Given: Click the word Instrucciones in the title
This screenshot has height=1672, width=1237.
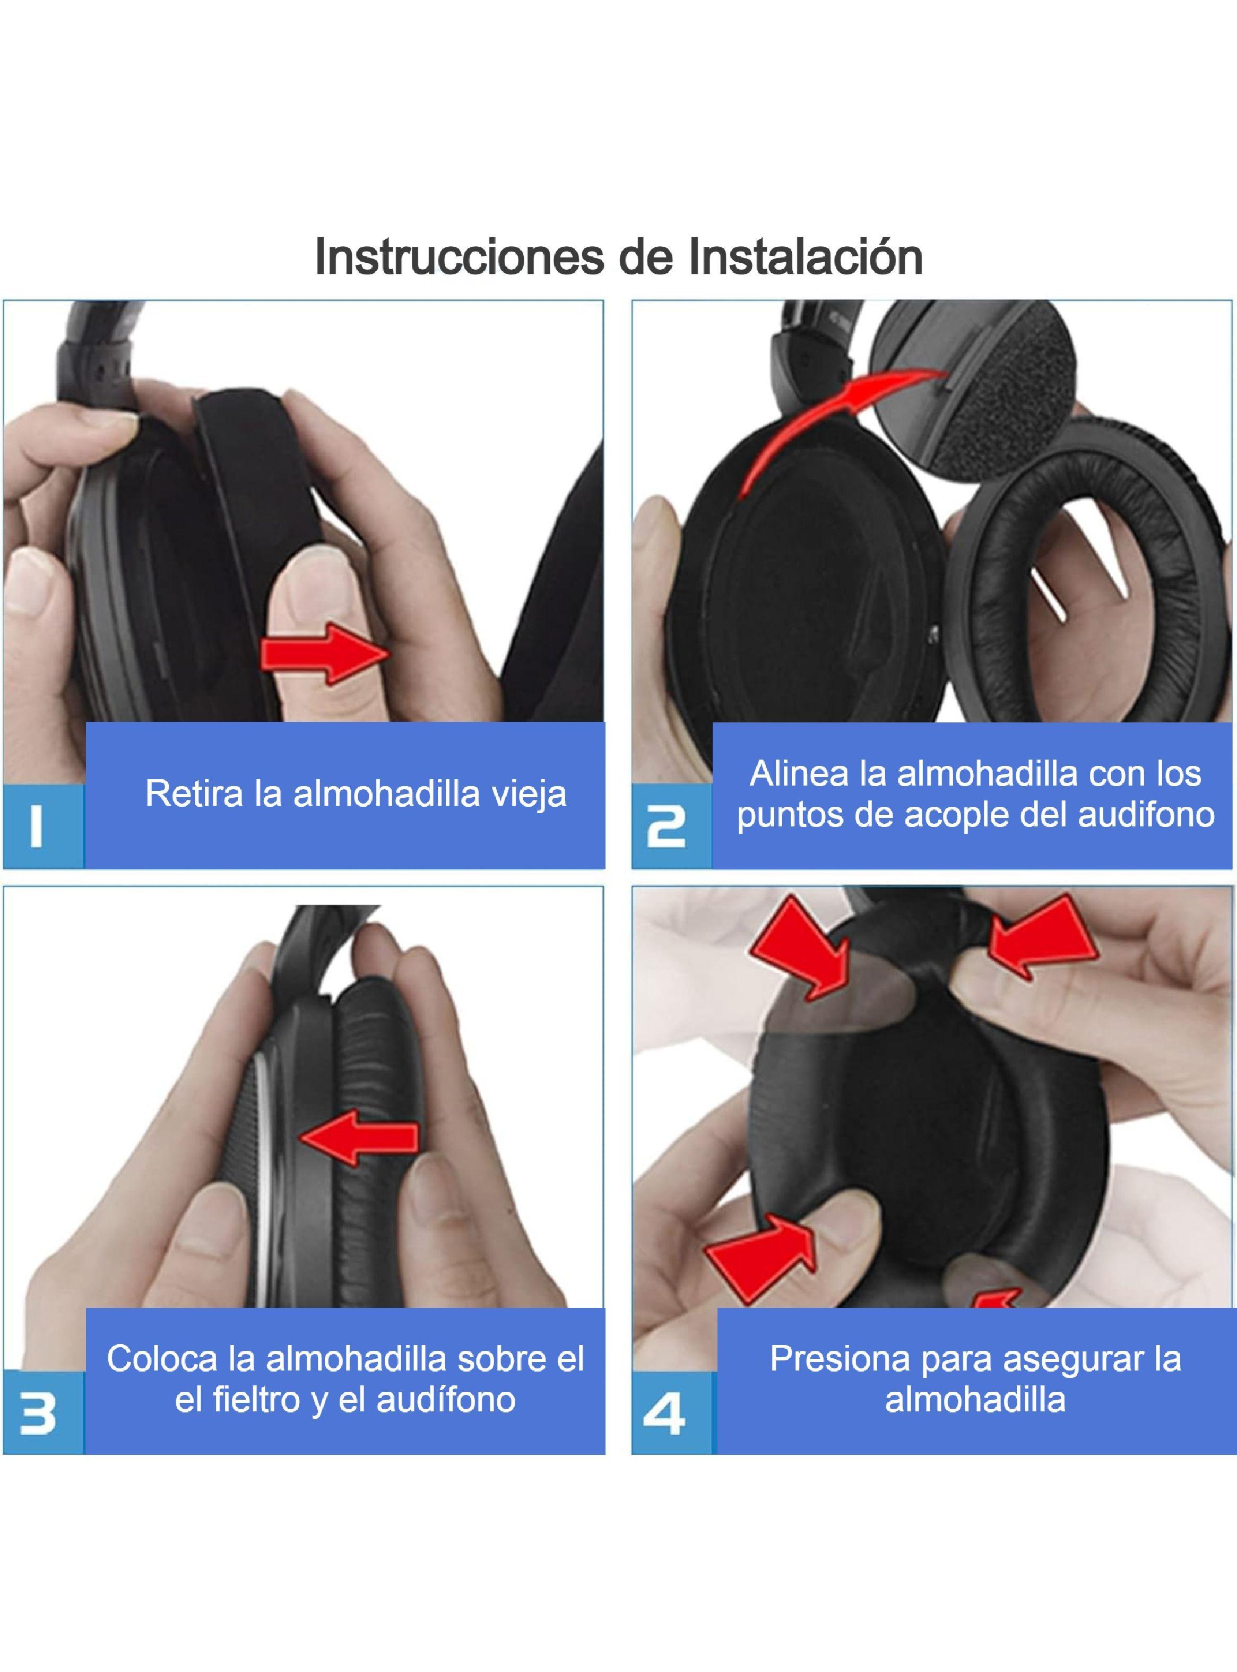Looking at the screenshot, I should (459, 257).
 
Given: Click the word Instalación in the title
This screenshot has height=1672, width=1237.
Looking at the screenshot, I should (805, 257).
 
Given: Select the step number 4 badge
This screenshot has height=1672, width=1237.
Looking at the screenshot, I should (665, 1413).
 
